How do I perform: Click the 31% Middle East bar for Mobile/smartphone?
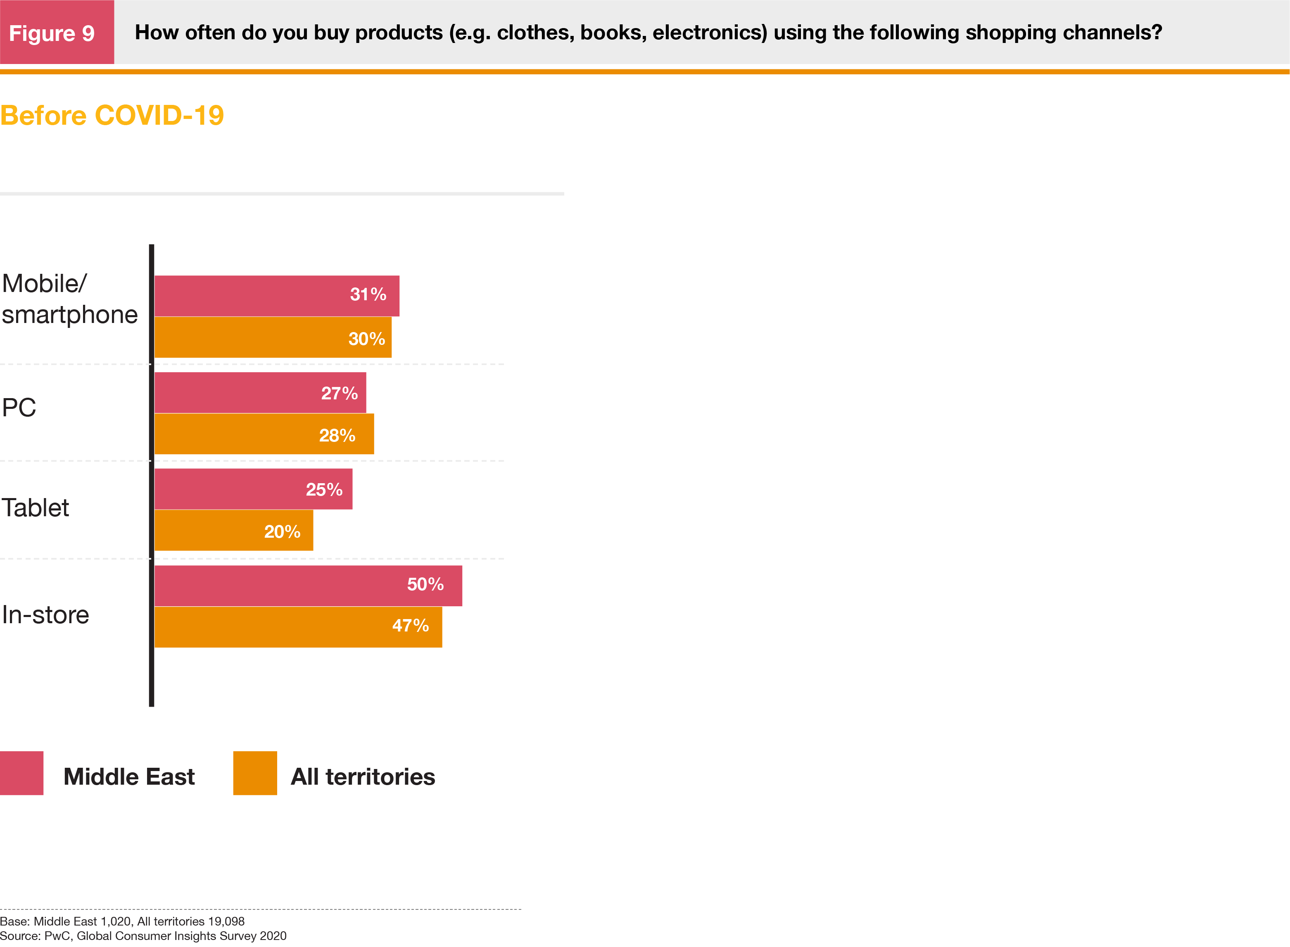pyautogui.click(x=276, y=296)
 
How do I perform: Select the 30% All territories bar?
pyautogui.click(x=273, y=338)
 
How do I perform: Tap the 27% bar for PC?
pyautogui.click(x=260, y=393)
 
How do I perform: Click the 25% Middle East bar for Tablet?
pyautogui.click(x=253, y=489)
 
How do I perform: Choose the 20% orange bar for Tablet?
pyautogui.click(x=233, y=530)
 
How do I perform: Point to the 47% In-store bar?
pyautogui.click(x=298, y=627)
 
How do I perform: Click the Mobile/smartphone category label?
pyautogui.click(x=69, y=299)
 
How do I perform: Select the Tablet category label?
pyautogui.click(x=35, y=508)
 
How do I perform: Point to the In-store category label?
pyautogui.click(x=45, y=615)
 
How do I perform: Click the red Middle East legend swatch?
pyautogui.click(x=22, y=773)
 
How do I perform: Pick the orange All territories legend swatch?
pyautogui.click(x=254, y=773)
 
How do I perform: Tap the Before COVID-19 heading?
pyautogui.click(x=112, y=115)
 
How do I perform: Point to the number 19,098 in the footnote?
pyautogui.click(x=226, y=921)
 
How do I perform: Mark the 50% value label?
pyautogui.click(x=425, y=584)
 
